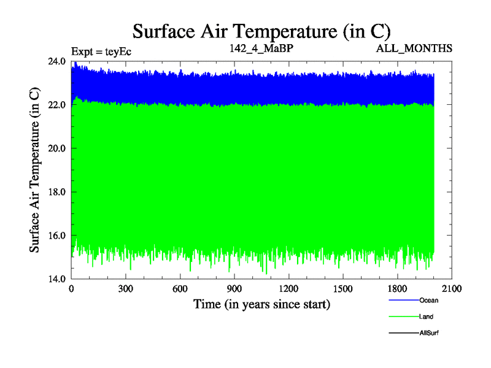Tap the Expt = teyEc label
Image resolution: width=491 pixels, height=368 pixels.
pos(101,52)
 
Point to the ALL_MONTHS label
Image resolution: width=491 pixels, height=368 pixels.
pos(416,48)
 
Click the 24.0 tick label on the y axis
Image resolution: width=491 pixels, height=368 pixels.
pos(57,61)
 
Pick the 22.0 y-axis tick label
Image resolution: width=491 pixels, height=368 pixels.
pos(57,105)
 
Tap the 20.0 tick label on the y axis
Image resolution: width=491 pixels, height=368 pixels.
pos(57,148)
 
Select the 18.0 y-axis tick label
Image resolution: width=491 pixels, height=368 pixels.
pos(57,192)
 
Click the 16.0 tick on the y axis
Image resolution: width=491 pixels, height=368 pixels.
pos(57,236)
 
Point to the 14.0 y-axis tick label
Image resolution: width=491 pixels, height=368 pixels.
pos(57,279)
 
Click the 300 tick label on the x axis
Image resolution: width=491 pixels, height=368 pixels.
pos(126,289)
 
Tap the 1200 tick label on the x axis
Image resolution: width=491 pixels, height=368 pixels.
pos(288,289)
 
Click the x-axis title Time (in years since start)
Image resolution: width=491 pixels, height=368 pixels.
pos(261,304)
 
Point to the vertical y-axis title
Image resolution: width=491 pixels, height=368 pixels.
pos(36,170)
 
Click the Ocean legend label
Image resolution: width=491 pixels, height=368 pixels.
pos(428,301)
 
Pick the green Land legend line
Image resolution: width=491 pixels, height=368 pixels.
pos(403,317)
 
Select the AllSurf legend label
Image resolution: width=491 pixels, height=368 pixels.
pos(429,332)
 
